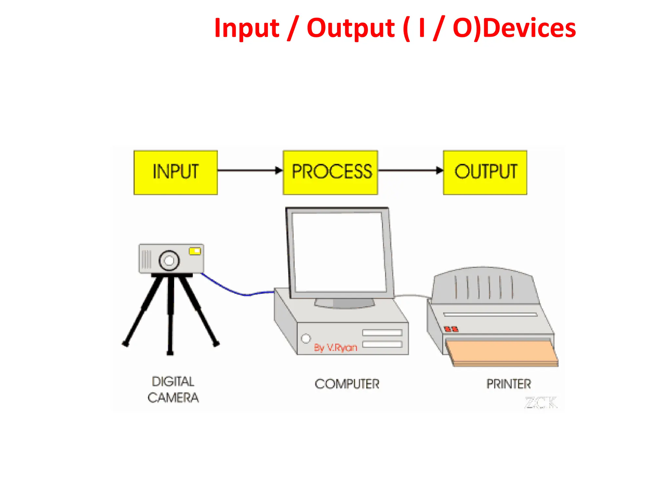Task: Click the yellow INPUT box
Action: (176, 173)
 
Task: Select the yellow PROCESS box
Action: (330, 173)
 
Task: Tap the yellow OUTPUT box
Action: (485, 173)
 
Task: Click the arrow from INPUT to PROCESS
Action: (249, 170)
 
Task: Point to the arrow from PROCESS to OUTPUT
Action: (410, 170)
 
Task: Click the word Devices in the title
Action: (529, 28)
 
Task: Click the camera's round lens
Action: (169, 261)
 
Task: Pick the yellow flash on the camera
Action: (195, 251)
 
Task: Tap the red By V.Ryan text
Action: (335, 347)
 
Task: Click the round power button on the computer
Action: (306, 338)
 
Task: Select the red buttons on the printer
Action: (451, 329)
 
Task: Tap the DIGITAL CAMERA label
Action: (173, 390)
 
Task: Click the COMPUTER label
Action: (347, 384)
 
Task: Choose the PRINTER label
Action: (508, 384)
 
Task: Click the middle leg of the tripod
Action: (170, 314)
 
